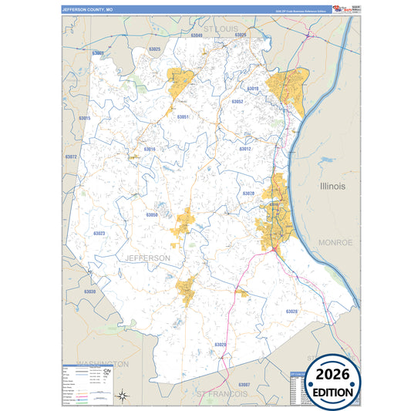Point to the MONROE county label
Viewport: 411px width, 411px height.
click(x=335, y=242)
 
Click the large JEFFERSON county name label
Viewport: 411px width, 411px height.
click(x=147, y=258)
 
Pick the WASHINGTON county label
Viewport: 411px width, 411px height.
click(x=102, y=362)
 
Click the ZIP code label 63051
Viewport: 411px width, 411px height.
click(x=183, y=117)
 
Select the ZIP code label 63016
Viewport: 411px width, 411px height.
click(x=149, y=149)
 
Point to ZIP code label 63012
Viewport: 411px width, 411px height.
click(x=245, y=149)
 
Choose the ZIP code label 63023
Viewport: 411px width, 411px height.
click(x=99, y=233)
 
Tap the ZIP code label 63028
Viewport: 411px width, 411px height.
click(x=291, y=312)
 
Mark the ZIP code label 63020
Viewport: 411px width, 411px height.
click(x=220, y=345)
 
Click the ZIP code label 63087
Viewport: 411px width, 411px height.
click(x=244, y=384)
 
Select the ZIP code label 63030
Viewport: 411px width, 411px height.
click(x=89, y=291)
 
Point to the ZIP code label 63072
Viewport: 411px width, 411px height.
click(x=71, y=157)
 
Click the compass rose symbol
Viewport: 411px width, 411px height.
click(x=122, y=396)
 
